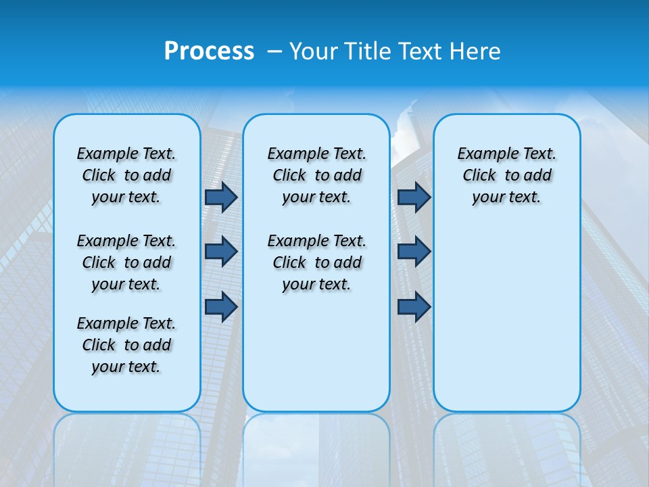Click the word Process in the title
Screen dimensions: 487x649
pyautogui.click(x=209, y=51)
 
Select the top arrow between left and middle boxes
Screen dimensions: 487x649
pyautogui.click(x=220, y=197)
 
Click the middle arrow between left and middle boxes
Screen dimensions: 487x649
pyautogui.click(x=220, y=252)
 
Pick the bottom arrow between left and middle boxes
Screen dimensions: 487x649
pyautogui.click(x=220, y=307)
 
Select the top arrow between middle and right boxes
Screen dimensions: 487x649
pyautogui.click(x=414, y=197)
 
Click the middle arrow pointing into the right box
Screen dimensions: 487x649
pyautogui.click(x=414, y=252)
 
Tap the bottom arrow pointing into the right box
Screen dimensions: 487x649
pyautogui.click(x=414, y=307)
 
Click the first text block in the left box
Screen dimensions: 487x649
pyautogui.click(x=126, y=175)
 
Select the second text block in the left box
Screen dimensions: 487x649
pyautogui.click(x=126, y=262)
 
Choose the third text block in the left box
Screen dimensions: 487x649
pyautogui.click(x=126, y=345)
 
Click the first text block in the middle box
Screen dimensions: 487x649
pyautogui.click(x=316, y=175)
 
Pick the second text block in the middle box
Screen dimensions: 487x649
pyautogui.click(x=316, y=262)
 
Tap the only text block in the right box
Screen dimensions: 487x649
pyautogui.click(x=506, y=175)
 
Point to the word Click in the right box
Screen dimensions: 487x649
pyautogui.click(x=479, y=176)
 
